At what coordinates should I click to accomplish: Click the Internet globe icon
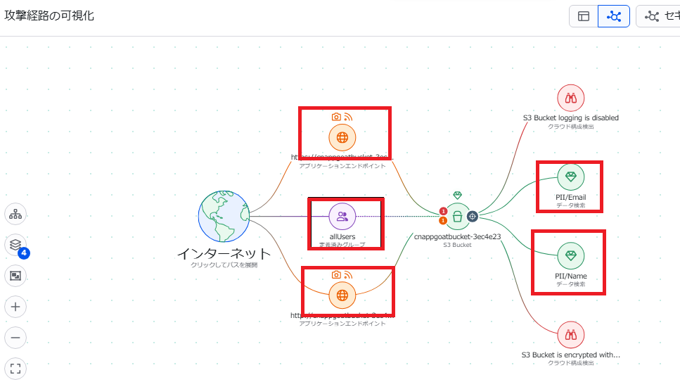coord(224,217)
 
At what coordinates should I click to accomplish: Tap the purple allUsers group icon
coord(342,217)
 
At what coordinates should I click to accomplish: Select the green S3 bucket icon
coord(458,217)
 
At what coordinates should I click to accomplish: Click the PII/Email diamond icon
coord(570,176)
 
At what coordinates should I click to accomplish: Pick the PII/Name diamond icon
coord(570,254)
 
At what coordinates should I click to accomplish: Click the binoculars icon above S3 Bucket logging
coord(571,98)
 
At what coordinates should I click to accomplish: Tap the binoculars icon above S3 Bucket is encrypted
coord(571,336)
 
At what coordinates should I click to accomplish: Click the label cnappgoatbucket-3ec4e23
coord(457,237)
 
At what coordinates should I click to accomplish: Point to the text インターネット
coord(224,253)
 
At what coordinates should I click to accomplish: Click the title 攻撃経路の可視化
coord(49,15)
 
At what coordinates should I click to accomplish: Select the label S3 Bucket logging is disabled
coord(571,117)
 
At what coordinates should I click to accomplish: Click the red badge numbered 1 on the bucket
coord(443,211)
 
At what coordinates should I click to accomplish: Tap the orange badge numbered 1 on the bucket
coord(443,221)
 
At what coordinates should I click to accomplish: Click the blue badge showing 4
coord(23,253)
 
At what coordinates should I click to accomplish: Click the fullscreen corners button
coord(15,368)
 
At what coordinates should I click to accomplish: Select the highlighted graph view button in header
coord(614,16)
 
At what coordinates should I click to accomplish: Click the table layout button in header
coord(584,16)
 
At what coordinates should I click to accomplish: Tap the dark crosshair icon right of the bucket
coord(473,217)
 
